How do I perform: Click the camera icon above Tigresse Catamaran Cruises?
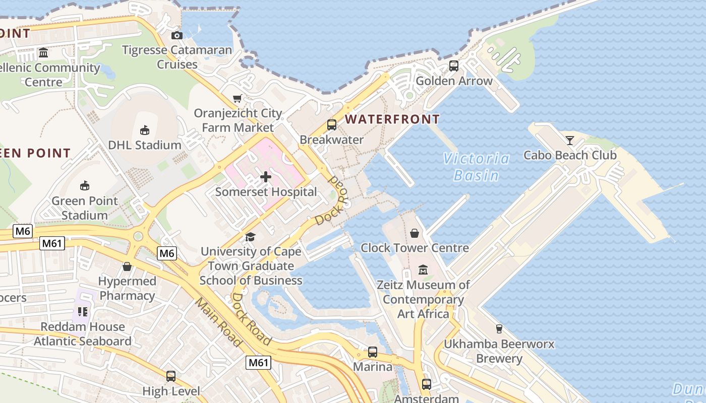coord(177,35)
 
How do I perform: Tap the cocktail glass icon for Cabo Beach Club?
coord(570,140)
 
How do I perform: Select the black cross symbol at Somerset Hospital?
coord(266,177)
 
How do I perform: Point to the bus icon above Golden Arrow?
coord(454,65)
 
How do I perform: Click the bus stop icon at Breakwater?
coord(332,124)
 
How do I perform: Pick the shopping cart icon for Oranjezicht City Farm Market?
coord(237,98)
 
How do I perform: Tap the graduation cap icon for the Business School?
coord(250,237)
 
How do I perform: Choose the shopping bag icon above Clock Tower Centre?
coord(415,233)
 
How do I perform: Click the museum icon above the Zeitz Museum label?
coord(423,270)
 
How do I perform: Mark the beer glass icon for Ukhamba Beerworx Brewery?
coord(499,329)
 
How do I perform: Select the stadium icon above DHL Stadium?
coord(145,130)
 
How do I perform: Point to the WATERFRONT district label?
coord(392,119)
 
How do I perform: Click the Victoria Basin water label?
coord(477,167)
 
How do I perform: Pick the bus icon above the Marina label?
coord(373,352)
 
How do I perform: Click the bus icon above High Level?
coord(171,376)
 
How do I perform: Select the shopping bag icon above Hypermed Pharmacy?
coord(127,266)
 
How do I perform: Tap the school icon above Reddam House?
coord(83,312)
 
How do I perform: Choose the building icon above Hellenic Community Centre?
coord(43,53)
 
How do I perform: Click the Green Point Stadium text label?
coord(85,208)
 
